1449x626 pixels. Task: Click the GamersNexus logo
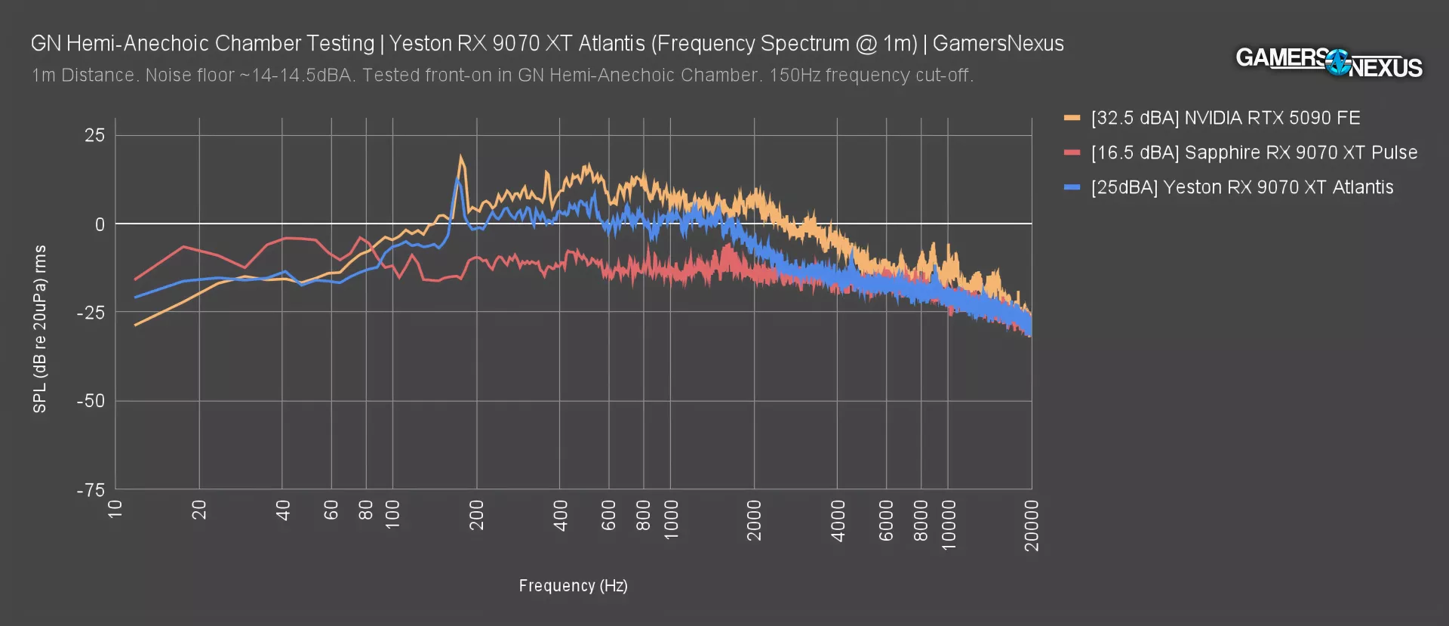1328,62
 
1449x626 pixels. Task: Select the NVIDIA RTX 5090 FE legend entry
1226,118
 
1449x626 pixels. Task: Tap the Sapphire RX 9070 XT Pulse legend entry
1254,153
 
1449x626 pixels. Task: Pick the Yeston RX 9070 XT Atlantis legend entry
1241,187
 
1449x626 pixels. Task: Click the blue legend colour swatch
1072,187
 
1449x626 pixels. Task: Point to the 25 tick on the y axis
95,136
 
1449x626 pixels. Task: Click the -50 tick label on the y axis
91,401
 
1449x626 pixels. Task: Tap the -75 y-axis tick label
91,490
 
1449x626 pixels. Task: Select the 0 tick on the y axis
100,224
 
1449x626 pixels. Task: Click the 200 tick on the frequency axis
476,515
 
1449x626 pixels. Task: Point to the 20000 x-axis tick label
1032,525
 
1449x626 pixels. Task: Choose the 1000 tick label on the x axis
671,520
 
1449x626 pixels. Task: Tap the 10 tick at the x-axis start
115,509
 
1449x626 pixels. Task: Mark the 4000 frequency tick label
838,520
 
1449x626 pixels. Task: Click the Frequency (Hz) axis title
573,586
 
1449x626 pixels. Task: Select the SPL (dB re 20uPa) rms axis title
40,328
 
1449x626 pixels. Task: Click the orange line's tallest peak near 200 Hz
461,157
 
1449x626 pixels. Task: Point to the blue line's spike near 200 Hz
457,179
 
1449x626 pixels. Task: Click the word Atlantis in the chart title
611,44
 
